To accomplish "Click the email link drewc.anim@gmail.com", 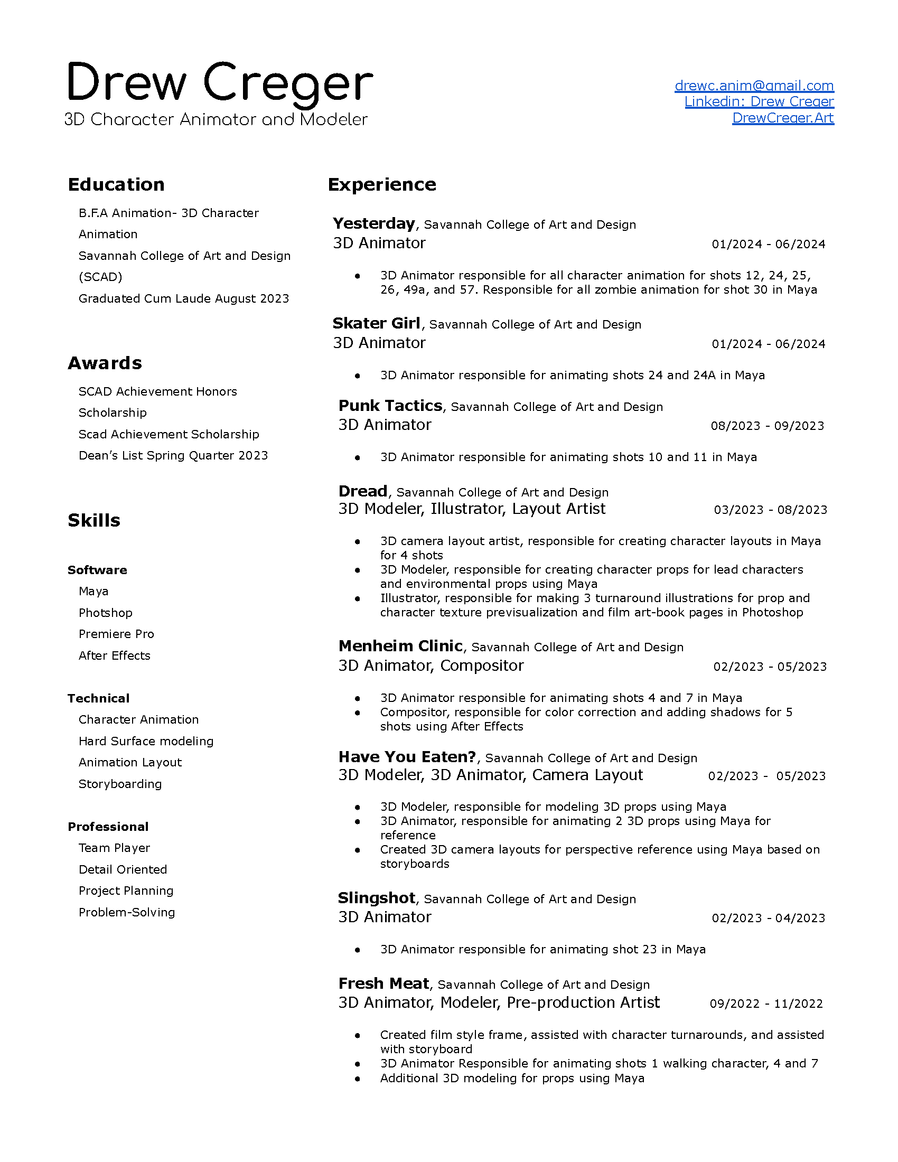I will pyautogui.click(x=754, y=86).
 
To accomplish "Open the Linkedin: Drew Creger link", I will pyautogui.click(x=759, y=101).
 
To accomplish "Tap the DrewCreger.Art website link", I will pyautogui.click(x=783, y=118).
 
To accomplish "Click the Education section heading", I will pyautogui.click(x=116, y=185).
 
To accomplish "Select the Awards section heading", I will pyautogui.click(x=105, y=363).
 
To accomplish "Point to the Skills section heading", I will pyautogui.click(x=94, y=520).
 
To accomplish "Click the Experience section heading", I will pyautogui.click(x=382, y=185).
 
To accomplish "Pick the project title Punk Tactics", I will pyautogui.click(x=390, y=406).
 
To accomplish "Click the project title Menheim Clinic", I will pyautogui.click(x=400, y=646).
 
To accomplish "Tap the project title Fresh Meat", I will pyautogui.click(x=383, y=984).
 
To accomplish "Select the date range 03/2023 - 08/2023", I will pyautogui.click(x=770, y=510).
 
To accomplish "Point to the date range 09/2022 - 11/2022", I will pyautogui.click(x=766, y=1004).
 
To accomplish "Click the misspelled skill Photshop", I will pyautogui.click(x=105, y=613).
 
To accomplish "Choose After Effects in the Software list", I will pyautogui.click(x=115, y=655).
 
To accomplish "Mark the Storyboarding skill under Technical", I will pyautogui.click(x=120, y=784).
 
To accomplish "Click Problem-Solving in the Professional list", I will pyautogui.click(x=127, y=913).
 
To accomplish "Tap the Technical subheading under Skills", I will pyautogui.click(x=98, y=699).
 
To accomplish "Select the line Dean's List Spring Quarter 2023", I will pyautogui.click(x=173, y=455).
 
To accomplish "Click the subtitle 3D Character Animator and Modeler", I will pyautogui.click(x=216, y=119).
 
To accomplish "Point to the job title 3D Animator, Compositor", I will pyautogui.click(x=431, y=666).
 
